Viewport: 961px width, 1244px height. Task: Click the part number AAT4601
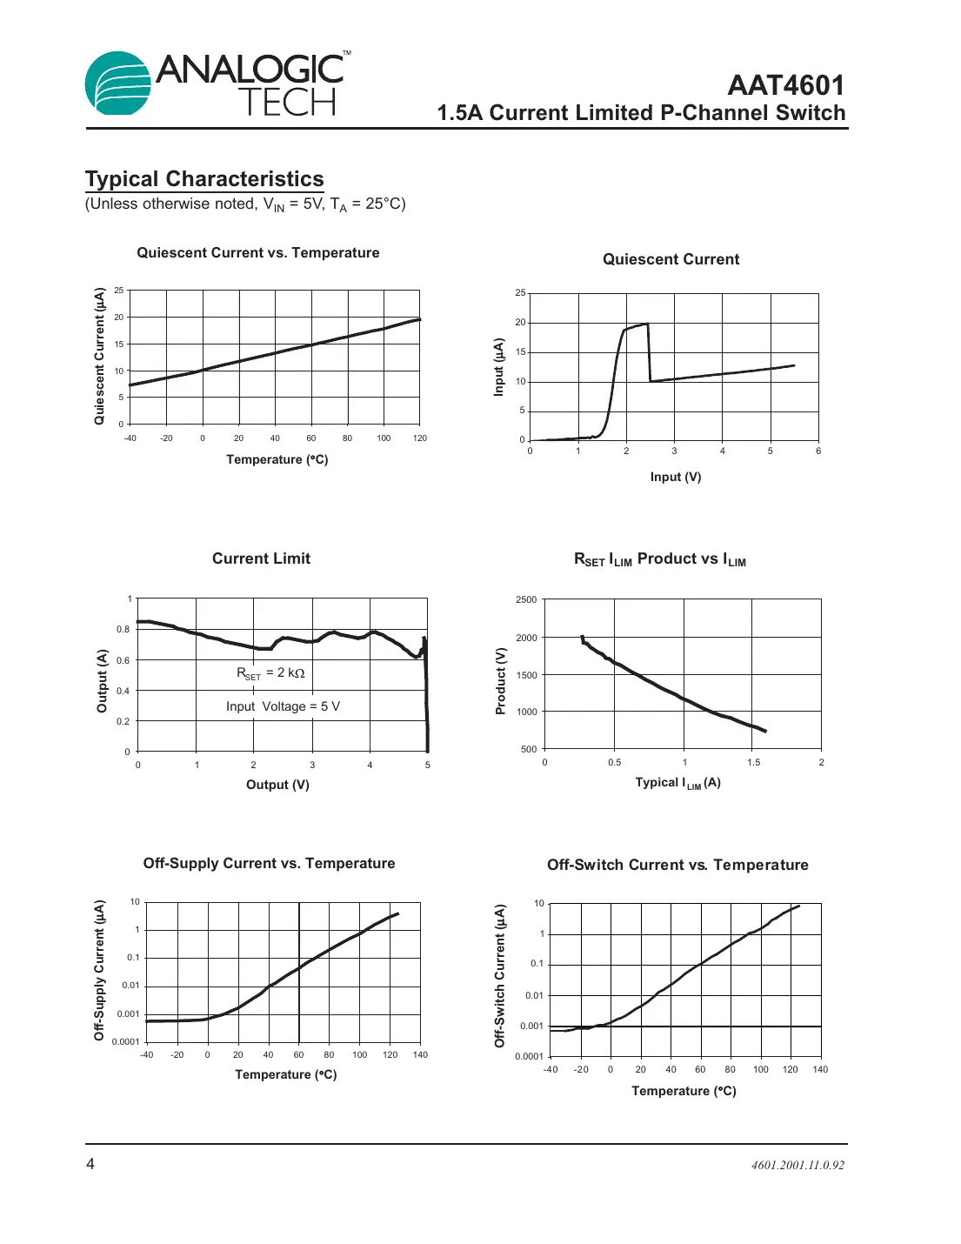(x=785, y=85)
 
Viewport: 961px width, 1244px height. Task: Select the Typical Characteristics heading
(x=204, y=179)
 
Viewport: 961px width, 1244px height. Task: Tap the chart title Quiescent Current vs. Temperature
(x=258, y=253)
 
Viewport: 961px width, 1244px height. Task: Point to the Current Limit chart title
(x=261, y=558)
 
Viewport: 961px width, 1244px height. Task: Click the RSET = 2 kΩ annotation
(x=270, y=673)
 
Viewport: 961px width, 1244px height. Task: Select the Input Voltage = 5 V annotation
(x=283, y=706)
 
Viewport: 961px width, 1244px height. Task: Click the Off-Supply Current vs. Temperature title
(x=269, y=863)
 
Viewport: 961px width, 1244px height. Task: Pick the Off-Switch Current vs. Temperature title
(x=677, y=865)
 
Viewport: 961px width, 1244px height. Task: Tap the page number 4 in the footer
(x=90, y=1164)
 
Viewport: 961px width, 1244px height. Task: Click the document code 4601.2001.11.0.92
(x=797, y=1165)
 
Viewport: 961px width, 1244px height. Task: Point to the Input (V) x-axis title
(x=675, y=477)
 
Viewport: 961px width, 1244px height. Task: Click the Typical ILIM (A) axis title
(x=677, y=783)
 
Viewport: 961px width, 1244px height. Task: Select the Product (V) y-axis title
(x=500, y=681)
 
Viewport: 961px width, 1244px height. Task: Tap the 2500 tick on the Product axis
(x=526, y=599)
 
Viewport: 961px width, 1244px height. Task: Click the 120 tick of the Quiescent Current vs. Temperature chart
(x=420, y=438)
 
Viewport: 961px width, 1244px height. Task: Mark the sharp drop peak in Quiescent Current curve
(x=647, y=324)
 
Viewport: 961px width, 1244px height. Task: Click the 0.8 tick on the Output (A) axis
(x=123, y=629)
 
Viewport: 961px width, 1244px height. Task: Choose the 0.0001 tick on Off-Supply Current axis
(x=125, y=1041)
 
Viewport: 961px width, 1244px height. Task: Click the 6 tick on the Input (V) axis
(x=818, y=451)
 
